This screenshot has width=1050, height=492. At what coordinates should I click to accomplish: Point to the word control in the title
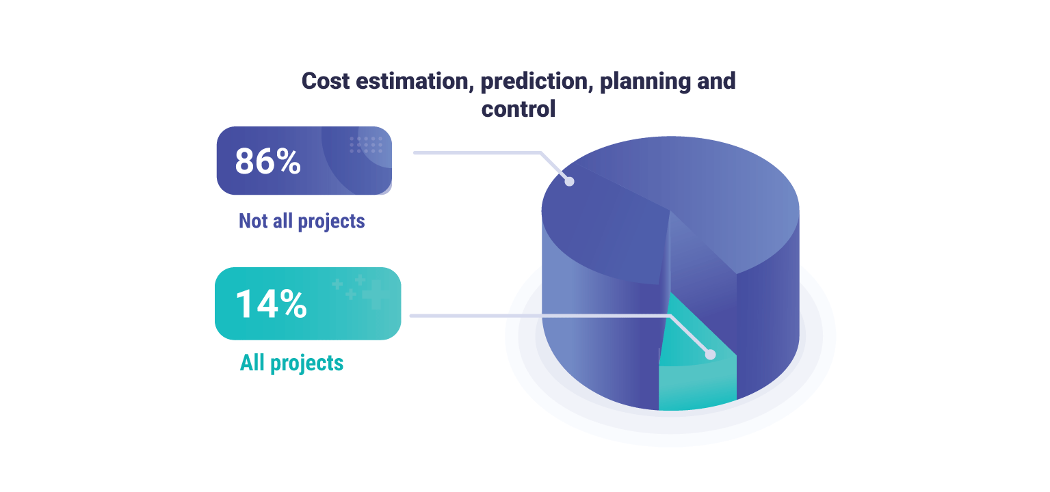pyautogui.click(x=519, y=109)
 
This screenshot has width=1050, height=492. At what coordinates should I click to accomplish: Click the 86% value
pyautogui.click(x=267, y=161)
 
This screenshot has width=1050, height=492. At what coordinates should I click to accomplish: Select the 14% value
pyautogui.click(x=271, y=304)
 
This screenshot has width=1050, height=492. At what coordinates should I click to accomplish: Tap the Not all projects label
pyautogui.click(x=302, y=221)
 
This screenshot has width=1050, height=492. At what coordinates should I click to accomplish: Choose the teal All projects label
pyautogui.click(x=291, y=363)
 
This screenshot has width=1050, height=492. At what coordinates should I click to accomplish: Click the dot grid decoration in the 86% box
pyautogui.click(x=366, y=144)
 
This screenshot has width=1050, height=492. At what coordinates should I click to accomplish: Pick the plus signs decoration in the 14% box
pyautogui.click(x=359, y=290)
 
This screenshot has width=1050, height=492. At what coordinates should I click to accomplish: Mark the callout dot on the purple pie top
pyautogui.click(x=568, y=181)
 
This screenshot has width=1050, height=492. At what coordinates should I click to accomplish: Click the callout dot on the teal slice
pyautogui.click(x=710, y=355)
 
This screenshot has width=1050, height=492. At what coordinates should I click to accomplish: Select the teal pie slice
pyautogui.click(x=694, y=383)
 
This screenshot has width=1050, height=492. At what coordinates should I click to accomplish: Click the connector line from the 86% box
pyautogui.click(x=479, y=152)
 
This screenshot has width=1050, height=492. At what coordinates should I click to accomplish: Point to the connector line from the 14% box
pyautogui.click(x=534, y=316)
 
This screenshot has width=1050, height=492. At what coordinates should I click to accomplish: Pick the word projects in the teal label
pyautogui.click(x=307, y=363)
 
